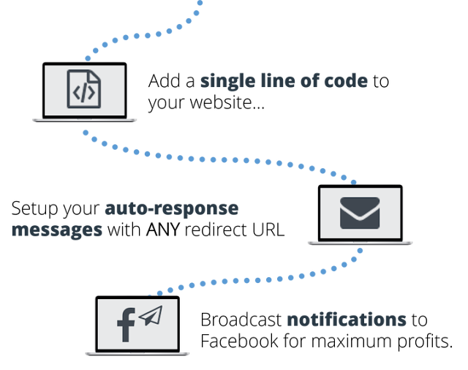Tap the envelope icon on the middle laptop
tap(359, 213)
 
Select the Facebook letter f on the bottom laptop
tap(126, 325)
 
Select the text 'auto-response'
tap(171, 208)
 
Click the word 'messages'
tap(57, 230)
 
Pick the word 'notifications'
tap(346, 320)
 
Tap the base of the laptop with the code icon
tap(84, 119)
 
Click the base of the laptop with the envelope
tap(360, 243)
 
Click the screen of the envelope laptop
tap(344, 197)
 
